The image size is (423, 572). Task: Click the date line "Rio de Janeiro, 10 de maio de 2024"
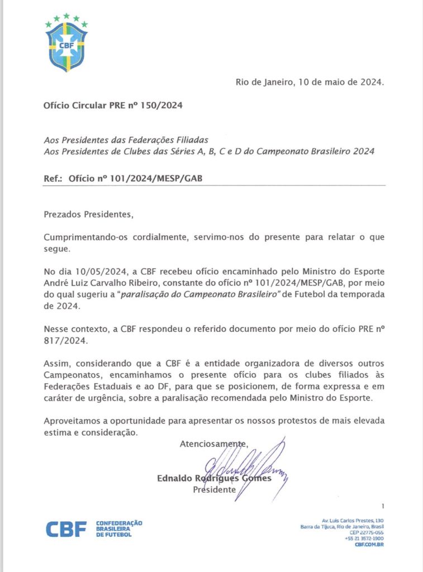310,82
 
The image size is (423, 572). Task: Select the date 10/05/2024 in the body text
96,271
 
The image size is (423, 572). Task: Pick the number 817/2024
63,340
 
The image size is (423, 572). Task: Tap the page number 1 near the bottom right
383,506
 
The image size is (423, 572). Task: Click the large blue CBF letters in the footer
66,529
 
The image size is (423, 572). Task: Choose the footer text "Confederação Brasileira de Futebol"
119,529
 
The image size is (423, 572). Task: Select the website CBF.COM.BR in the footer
369,545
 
